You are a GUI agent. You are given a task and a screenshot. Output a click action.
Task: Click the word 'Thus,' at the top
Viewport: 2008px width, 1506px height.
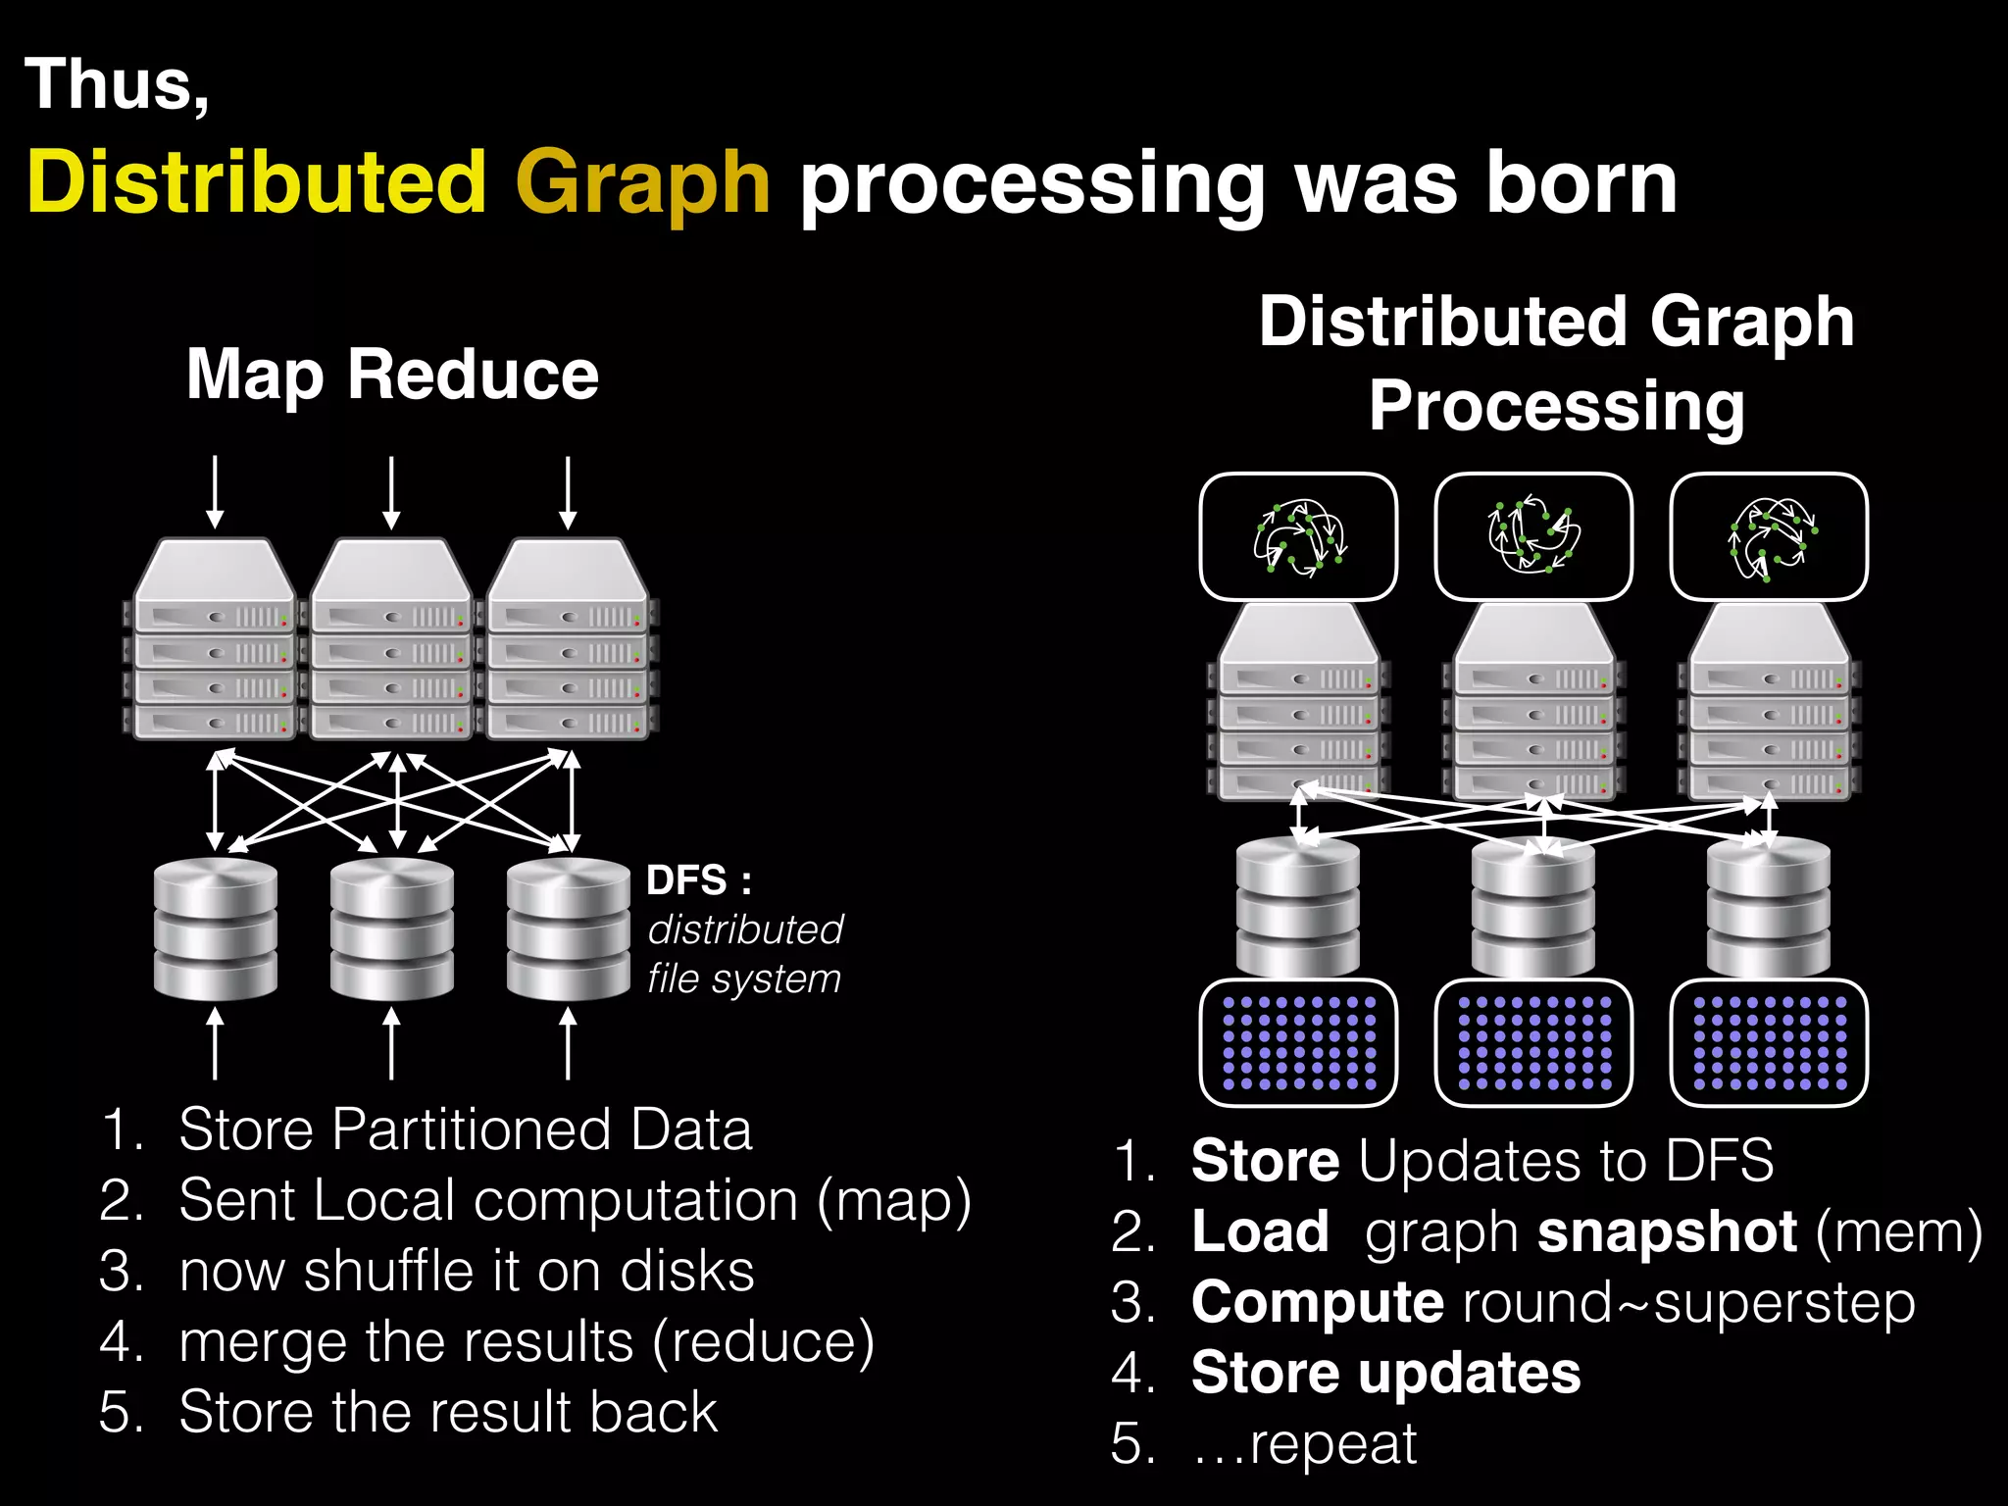click(117, 85)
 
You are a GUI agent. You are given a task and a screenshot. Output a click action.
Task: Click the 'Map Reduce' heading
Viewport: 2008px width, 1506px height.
click(392, 375)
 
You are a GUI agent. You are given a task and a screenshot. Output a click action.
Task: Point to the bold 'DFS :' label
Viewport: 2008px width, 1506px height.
click(699, 880)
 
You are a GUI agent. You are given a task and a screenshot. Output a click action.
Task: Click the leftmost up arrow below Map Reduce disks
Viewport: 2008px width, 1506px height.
click(216, 1045)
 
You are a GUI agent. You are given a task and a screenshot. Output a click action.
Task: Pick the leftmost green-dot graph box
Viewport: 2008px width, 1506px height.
click(1298, 537)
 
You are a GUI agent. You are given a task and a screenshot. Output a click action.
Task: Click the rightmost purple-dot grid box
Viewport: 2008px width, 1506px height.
click(1769, 1043)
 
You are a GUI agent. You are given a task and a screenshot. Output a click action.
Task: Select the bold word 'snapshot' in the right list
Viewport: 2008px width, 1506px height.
click(1667, 1231)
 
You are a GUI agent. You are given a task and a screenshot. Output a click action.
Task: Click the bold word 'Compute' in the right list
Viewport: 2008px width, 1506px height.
click(1317, 1302)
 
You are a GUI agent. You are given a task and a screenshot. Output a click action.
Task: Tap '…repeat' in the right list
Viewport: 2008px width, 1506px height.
click(1304, 1443)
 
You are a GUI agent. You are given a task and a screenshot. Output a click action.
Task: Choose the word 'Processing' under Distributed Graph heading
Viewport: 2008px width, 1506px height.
click(1557, 406)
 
